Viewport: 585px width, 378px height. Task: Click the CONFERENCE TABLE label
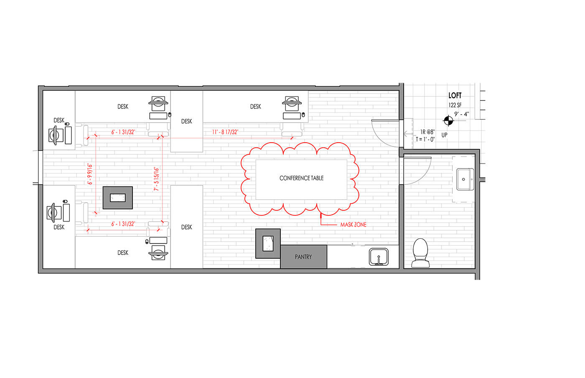301,178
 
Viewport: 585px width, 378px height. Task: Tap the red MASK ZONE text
354,225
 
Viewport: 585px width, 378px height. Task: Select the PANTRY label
303,257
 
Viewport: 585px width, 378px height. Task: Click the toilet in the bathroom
420,253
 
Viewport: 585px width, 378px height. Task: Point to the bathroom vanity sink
465,179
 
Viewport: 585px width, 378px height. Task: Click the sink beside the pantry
379,257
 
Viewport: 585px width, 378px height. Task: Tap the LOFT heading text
455,96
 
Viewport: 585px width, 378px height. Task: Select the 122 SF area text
455,105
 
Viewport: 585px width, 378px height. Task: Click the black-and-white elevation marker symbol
448,121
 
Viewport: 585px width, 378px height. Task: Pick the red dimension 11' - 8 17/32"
225,132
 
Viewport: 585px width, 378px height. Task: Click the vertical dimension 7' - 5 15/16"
156,179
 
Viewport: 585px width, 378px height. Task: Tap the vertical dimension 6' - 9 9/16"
90,174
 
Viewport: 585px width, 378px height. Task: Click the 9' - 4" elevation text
462,114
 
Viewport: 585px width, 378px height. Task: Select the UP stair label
444,135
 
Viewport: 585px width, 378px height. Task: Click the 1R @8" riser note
427,132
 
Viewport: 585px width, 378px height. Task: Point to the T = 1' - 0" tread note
425,139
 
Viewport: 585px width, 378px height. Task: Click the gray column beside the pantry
268,244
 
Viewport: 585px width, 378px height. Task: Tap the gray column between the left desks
118,198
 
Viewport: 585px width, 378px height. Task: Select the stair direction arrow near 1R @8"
409,134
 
